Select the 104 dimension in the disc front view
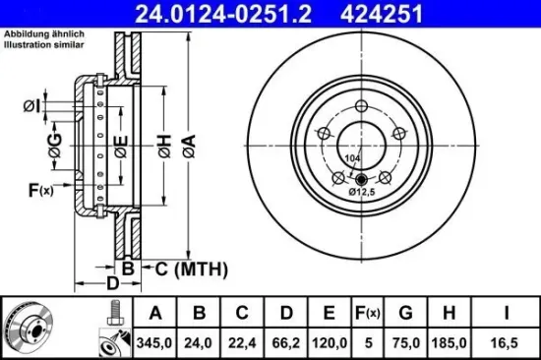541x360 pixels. [351, 158]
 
